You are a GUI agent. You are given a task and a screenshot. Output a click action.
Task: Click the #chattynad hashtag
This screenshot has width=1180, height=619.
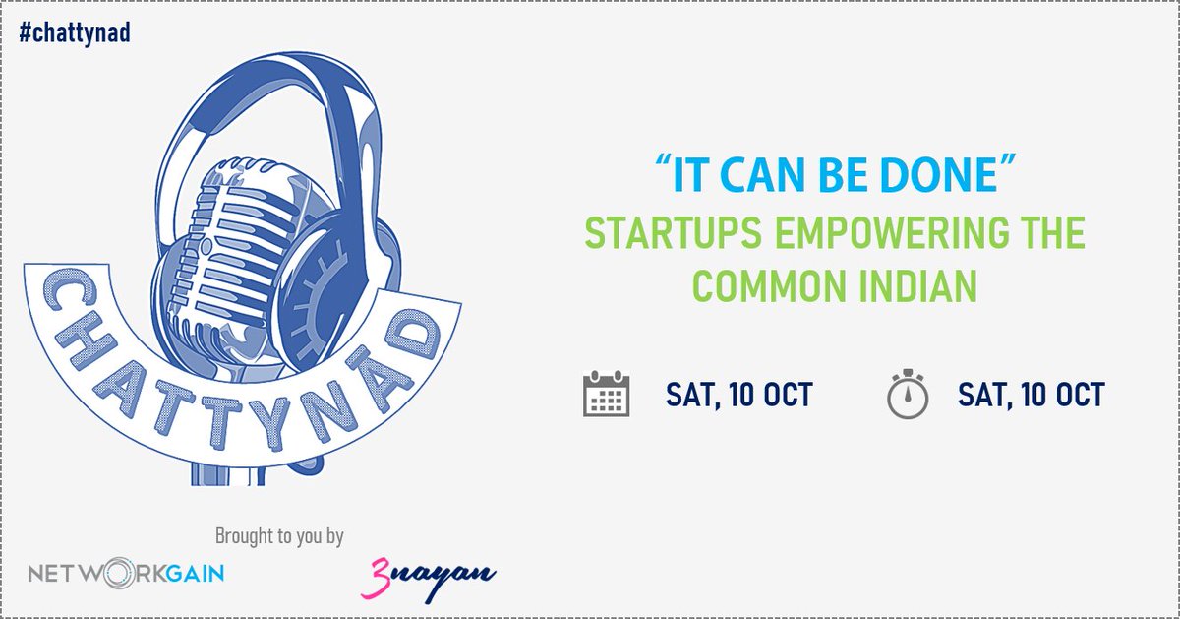coord(75,32)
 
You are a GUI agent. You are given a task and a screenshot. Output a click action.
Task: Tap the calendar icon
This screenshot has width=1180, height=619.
coord(606,394)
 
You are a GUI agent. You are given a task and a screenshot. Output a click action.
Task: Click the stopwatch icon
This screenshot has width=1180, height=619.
coord(908,394)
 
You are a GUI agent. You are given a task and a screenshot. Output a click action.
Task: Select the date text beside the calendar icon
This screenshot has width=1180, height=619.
coord(738,395)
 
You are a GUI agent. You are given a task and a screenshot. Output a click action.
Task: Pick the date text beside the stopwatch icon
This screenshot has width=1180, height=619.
coord(1031,395)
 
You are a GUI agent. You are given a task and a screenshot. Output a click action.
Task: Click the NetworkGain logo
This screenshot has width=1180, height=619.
coord(126,572)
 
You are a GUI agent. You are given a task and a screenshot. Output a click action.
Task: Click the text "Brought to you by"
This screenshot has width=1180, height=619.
coord(279,536)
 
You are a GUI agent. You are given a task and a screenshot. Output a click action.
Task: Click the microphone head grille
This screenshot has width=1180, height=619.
coord(236,246)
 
